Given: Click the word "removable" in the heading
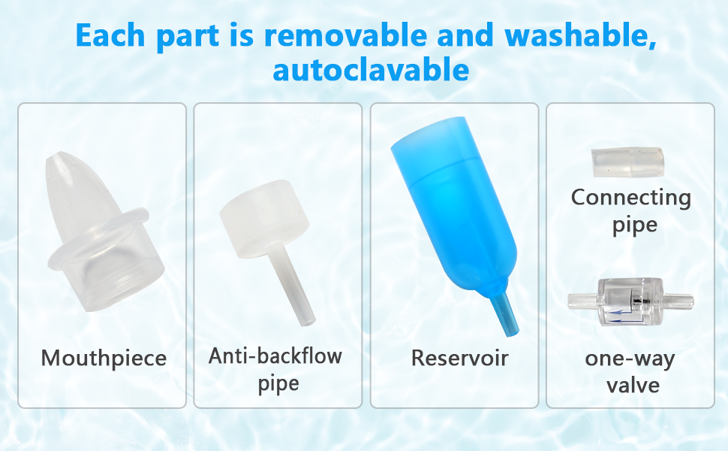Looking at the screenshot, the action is tap(345, 35).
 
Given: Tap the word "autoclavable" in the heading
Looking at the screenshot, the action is tap(371, 70).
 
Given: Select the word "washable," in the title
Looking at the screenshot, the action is tap(580, 36).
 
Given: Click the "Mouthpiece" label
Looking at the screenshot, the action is tap(104, 359).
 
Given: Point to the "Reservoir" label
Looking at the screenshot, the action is tap(459, 358).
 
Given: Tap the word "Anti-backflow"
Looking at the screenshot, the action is tap(275, 356).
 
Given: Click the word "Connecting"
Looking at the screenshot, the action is tap(631, 198).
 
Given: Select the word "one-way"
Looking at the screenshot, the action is tap(630, 359).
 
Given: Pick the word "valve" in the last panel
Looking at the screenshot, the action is tap(633, 385).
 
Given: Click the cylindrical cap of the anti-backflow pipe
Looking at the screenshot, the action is tap(263, 219).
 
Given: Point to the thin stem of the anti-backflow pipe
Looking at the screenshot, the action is tap(293, 285).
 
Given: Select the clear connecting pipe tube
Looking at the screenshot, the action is tap(627, 162).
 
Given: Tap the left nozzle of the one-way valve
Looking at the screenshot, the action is tap(583, 301).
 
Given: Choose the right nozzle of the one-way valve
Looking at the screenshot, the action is tap(678, 301).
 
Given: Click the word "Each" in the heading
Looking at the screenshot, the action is tap(110, 35).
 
